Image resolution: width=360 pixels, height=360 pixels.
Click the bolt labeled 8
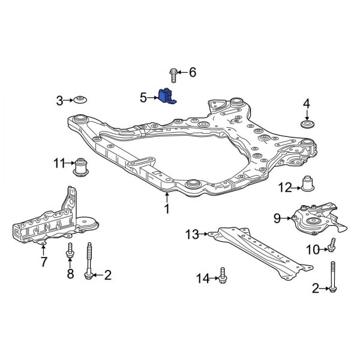(x=70, y=252)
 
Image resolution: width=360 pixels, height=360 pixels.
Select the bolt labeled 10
(x=332, y=245)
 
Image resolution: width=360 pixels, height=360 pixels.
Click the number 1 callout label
(x=166, y=209)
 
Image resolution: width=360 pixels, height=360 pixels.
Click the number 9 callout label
(x=277, y=218)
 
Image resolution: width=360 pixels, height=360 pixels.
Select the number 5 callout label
(x=143, y=96)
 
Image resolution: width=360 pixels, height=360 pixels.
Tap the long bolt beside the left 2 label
(x=90, y=261)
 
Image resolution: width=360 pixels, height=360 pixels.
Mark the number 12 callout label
(x=285, y=187)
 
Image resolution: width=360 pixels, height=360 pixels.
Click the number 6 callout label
(x=193, y=73)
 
